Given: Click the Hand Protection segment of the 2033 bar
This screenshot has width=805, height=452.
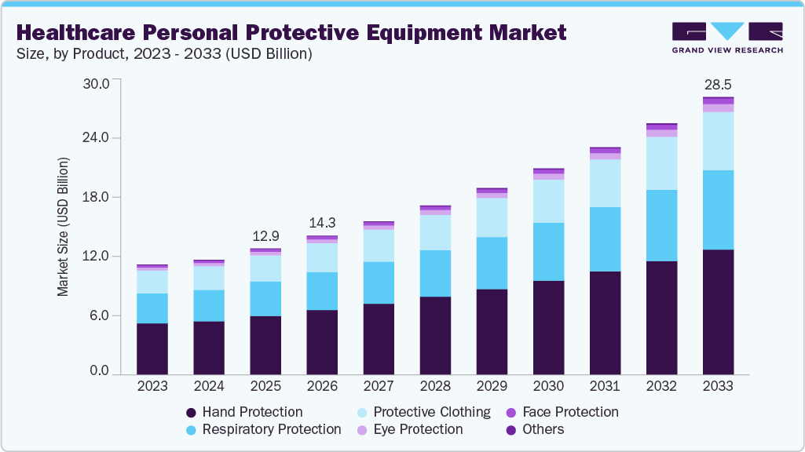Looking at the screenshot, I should point(718,312).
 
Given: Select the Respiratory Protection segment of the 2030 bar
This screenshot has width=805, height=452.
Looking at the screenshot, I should point(548,251).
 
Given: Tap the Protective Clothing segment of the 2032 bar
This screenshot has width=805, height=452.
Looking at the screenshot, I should point(661,163).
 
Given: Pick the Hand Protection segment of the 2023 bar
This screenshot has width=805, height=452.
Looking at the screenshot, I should point(152,348).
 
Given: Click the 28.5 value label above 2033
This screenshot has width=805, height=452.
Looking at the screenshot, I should point(718,85).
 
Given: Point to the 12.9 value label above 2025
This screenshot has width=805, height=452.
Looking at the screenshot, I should point(265,236).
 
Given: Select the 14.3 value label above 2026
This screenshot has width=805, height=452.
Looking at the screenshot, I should point(322,223).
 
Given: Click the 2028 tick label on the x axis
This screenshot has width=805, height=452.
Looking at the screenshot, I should point(435,387).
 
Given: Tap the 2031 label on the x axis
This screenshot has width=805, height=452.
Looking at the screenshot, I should point(605,387).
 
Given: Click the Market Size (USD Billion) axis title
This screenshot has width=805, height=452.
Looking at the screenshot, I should point(63,227).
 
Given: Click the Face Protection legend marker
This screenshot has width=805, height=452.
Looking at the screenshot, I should point(510,412).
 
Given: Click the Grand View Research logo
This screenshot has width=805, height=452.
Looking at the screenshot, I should point(726,37).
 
